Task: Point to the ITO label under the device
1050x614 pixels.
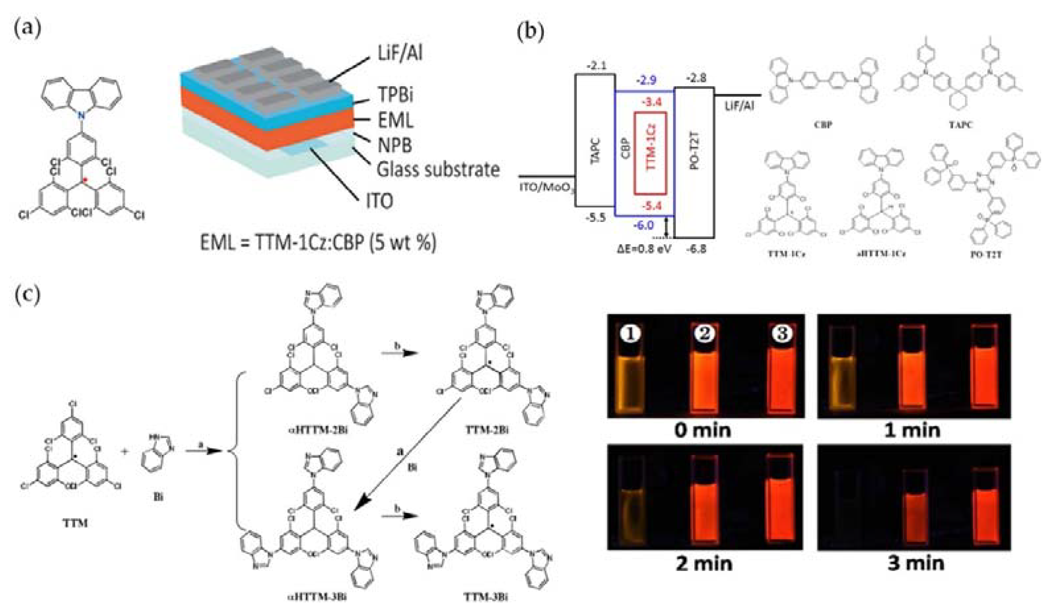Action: [379, 201]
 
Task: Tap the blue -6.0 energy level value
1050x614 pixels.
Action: [643, 225]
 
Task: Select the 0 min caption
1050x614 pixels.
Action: [703, 430]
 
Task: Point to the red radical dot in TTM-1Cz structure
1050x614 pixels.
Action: [85, 180]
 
